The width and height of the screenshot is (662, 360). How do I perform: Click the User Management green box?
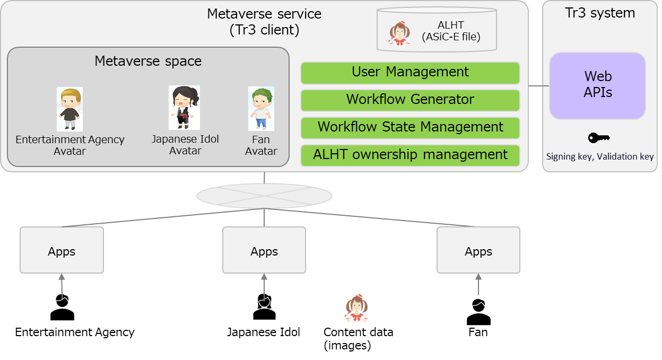tap(410, 73)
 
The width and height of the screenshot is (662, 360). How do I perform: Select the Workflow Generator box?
tap(410, 100)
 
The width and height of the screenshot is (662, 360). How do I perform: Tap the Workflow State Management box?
tap(410, 128)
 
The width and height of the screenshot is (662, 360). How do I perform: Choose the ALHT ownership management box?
tap(410, 155)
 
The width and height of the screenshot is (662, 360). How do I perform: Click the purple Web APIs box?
tap(597, 85)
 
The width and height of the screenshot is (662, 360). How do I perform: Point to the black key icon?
tap(599, 138)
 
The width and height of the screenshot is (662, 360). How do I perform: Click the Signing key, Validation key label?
tap(600, 157)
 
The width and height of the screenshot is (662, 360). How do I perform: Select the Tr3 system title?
tap(600, 13)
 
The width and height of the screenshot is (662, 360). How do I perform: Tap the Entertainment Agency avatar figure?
tap(69, 109)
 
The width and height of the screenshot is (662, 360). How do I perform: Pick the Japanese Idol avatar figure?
tap(184, 108)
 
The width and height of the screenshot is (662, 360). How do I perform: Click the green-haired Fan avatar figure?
tap(261, 109)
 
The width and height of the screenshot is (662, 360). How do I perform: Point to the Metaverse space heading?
tap(148, 62)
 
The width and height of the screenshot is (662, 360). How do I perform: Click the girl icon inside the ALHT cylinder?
tap(399, 33)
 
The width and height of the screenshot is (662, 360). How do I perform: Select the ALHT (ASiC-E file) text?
tap(451, 31)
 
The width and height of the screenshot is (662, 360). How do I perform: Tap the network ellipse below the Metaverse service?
tap(264, 196)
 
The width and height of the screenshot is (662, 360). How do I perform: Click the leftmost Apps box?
tap(62, 250)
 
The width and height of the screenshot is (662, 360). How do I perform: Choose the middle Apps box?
tap(264, 250)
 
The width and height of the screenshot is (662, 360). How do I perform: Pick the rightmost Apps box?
tap(478, 250)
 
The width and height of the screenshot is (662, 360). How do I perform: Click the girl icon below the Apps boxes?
tap(357, 309)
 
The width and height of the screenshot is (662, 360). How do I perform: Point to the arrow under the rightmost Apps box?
tap(478, 284)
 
